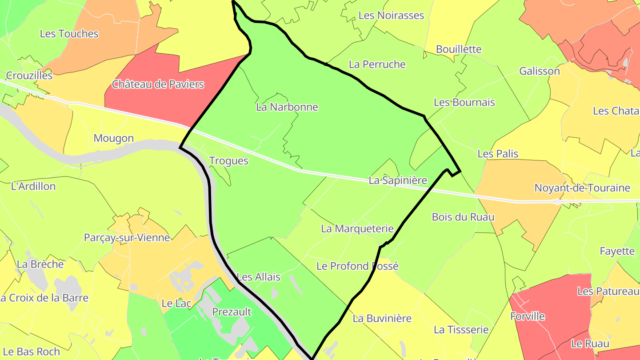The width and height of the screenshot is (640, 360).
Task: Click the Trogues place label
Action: pos(228,161)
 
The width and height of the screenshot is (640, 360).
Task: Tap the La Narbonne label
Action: pos(287,107)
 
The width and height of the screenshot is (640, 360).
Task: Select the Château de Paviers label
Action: pos(158,84)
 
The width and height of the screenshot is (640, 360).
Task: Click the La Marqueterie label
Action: pos(357,229)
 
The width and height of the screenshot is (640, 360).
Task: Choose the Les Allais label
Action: pos(259,277)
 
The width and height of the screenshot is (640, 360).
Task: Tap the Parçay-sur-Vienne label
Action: pos(127,238)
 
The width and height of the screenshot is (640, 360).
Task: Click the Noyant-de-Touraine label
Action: pos(582,188)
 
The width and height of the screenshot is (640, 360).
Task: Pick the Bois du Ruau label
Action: pos(463,217)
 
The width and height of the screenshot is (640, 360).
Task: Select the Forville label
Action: pos(528,316)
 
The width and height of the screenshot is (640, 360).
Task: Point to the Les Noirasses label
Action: pos(391,16)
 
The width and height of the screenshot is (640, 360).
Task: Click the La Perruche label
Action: pos(377,64)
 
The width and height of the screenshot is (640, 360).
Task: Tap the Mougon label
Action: pos(113,138)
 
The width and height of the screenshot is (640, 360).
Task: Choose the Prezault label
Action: pos(232,312)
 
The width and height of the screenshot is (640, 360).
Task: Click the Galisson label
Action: pos(540,71)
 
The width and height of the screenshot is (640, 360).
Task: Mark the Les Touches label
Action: pos(69,34)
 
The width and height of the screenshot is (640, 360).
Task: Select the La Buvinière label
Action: pos(382,319)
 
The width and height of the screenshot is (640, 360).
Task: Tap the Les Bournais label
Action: pos(464,103)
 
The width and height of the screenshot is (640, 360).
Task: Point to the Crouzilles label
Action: pos(29,76)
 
